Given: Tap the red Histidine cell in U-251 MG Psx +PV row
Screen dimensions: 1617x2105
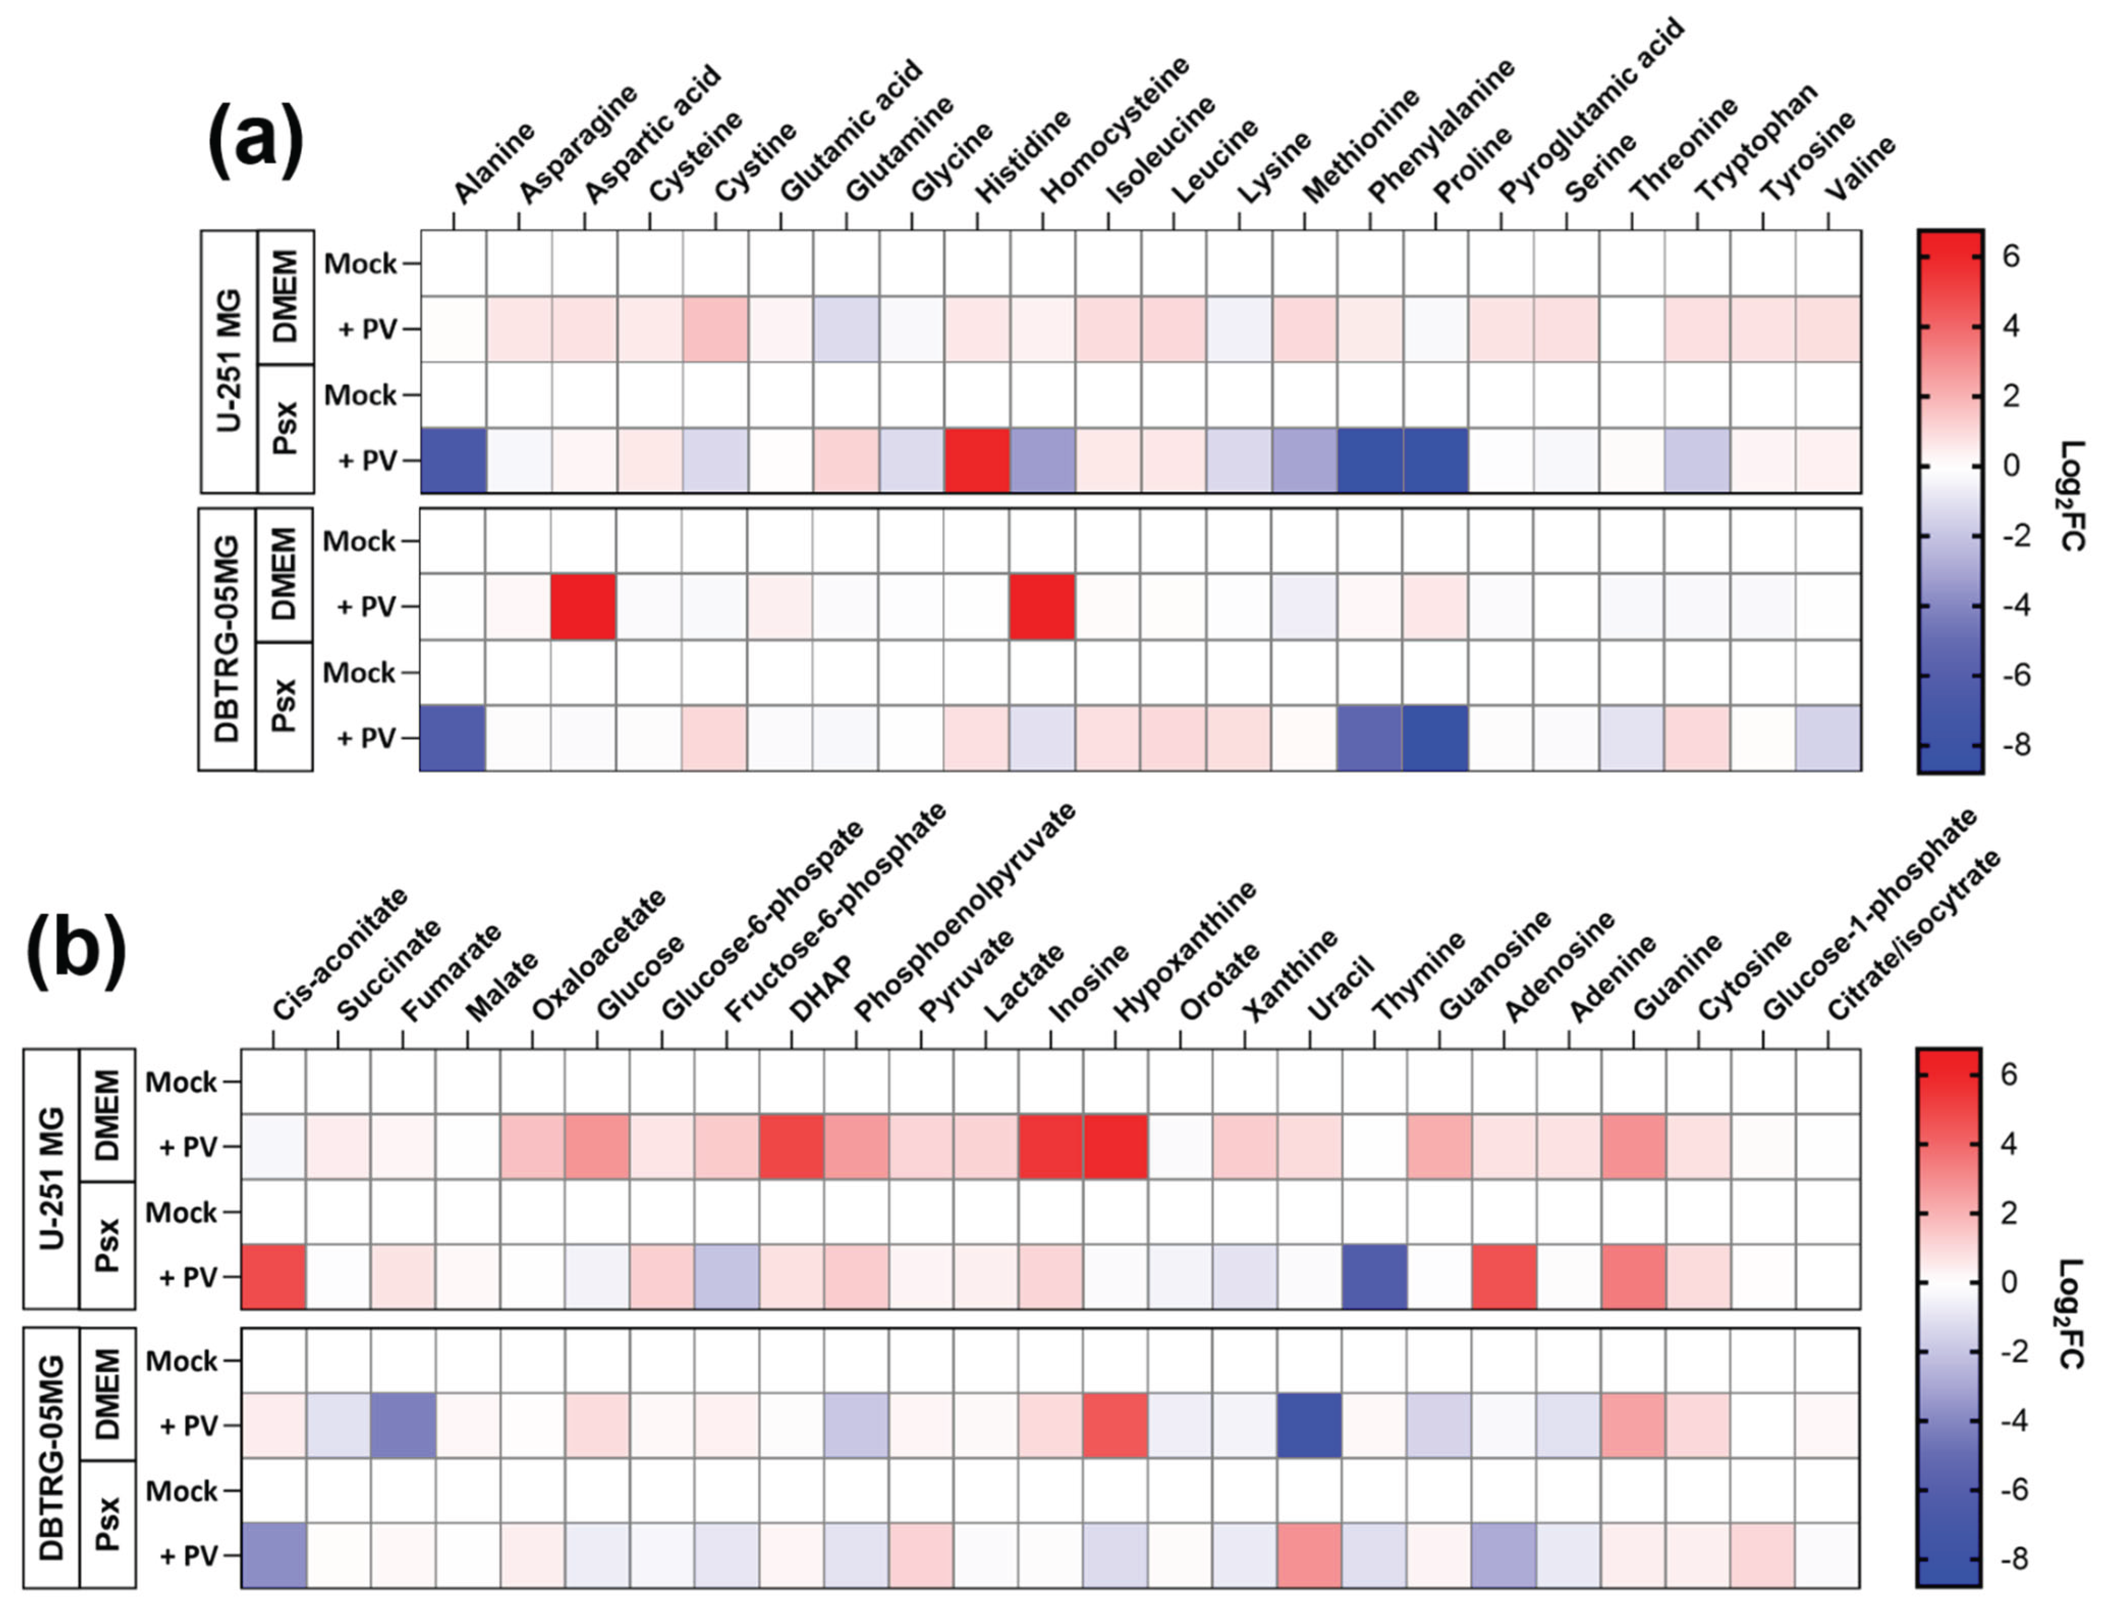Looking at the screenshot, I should point(977,460).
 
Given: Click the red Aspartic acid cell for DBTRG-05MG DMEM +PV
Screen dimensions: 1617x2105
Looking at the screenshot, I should point(583,606).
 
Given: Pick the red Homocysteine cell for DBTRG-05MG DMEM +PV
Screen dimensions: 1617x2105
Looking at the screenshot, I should point(1043,606).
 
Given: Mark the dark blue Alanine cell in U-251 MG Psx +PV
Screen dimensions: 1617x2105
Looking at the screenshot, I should point(454,460).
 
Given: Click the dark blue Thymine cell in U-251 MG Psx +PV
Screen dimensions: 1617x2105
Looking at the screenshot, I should point(1374,1276).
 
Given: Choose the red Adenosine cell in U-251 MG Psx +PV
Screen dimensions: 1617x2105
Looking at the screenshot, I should point(1504,1276).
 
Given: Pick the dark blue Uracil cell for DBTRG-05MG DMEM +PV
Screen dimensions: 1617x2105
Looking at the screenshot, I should point(1310,1425).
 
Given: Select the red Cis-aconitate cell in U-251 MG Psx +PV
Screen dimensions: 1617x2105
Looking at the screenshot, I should point(273,1276).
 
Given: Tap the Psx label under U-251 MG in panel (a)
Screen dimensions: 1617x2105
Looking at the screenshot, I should point(286,429).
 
